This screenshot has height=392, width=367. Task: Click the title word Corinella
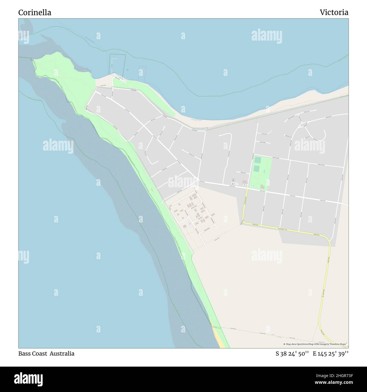(x=35, y=12)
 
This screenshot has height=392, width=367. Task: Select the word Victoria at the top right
(x=334, y=12)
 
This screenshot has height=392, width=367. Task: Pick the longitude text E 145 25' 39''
(x=331, y=354)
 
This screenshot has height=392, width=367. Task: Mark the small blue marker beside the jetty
(x=128, y=70)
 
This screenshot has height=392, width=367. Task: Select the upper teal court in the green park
(x=257, y=160)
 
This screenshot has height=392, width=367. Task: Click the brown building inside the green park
(x=263, y=187)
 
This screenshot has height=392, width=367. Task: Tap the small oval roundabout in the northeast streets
(x=303, y=124)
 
